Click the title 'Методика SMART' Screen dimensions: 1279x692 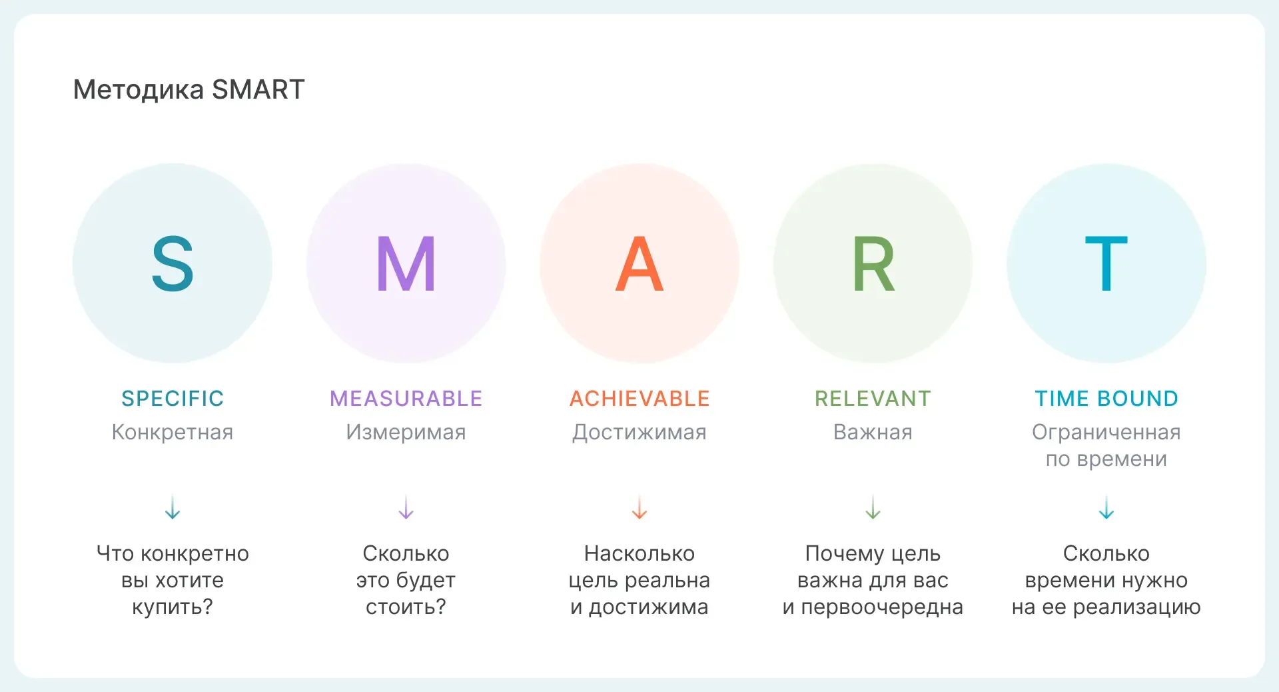[x=189, y=89]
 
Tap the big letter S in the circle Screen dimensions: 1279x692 [x=173, y=264]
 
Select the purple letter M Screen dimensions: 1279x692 [x=406, y=264]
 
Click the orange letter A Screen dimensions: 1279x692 [x=639, y=264]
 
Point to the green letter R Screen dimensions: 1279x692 [x=873, y=264]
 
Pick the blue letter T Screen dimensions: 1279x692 [x=1106, y=264]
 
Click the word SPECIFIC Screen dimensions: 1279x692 [x=173, y=399]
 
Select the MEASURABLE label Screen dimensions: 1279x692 [x=406, y=399]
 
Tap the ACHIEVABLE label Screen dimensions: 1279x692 [x=639, y=399]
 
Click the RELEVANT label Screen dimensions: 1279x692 [x=873, y=399]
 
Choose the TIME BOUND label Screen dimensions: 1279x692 [x=1106, y=399]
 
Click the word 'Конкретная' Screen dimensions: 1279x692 [x=173, y=432]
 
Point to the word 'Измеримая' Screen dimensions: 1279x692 [x=406, y=432]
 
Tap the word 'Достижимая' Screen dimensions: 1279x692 [x=639, y=433]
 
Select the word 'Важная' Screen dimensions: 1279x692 [x=873, y=432]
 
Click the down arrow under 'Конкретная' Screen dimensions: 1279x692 [x=173, y=507]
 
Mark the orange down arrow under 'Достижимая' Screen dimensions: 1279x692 [x=639, y=507]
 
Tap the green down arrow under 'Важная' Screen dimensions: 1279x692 [x=873, y=507]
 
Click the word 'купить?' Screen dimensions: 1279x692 [x=173, y=607]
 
